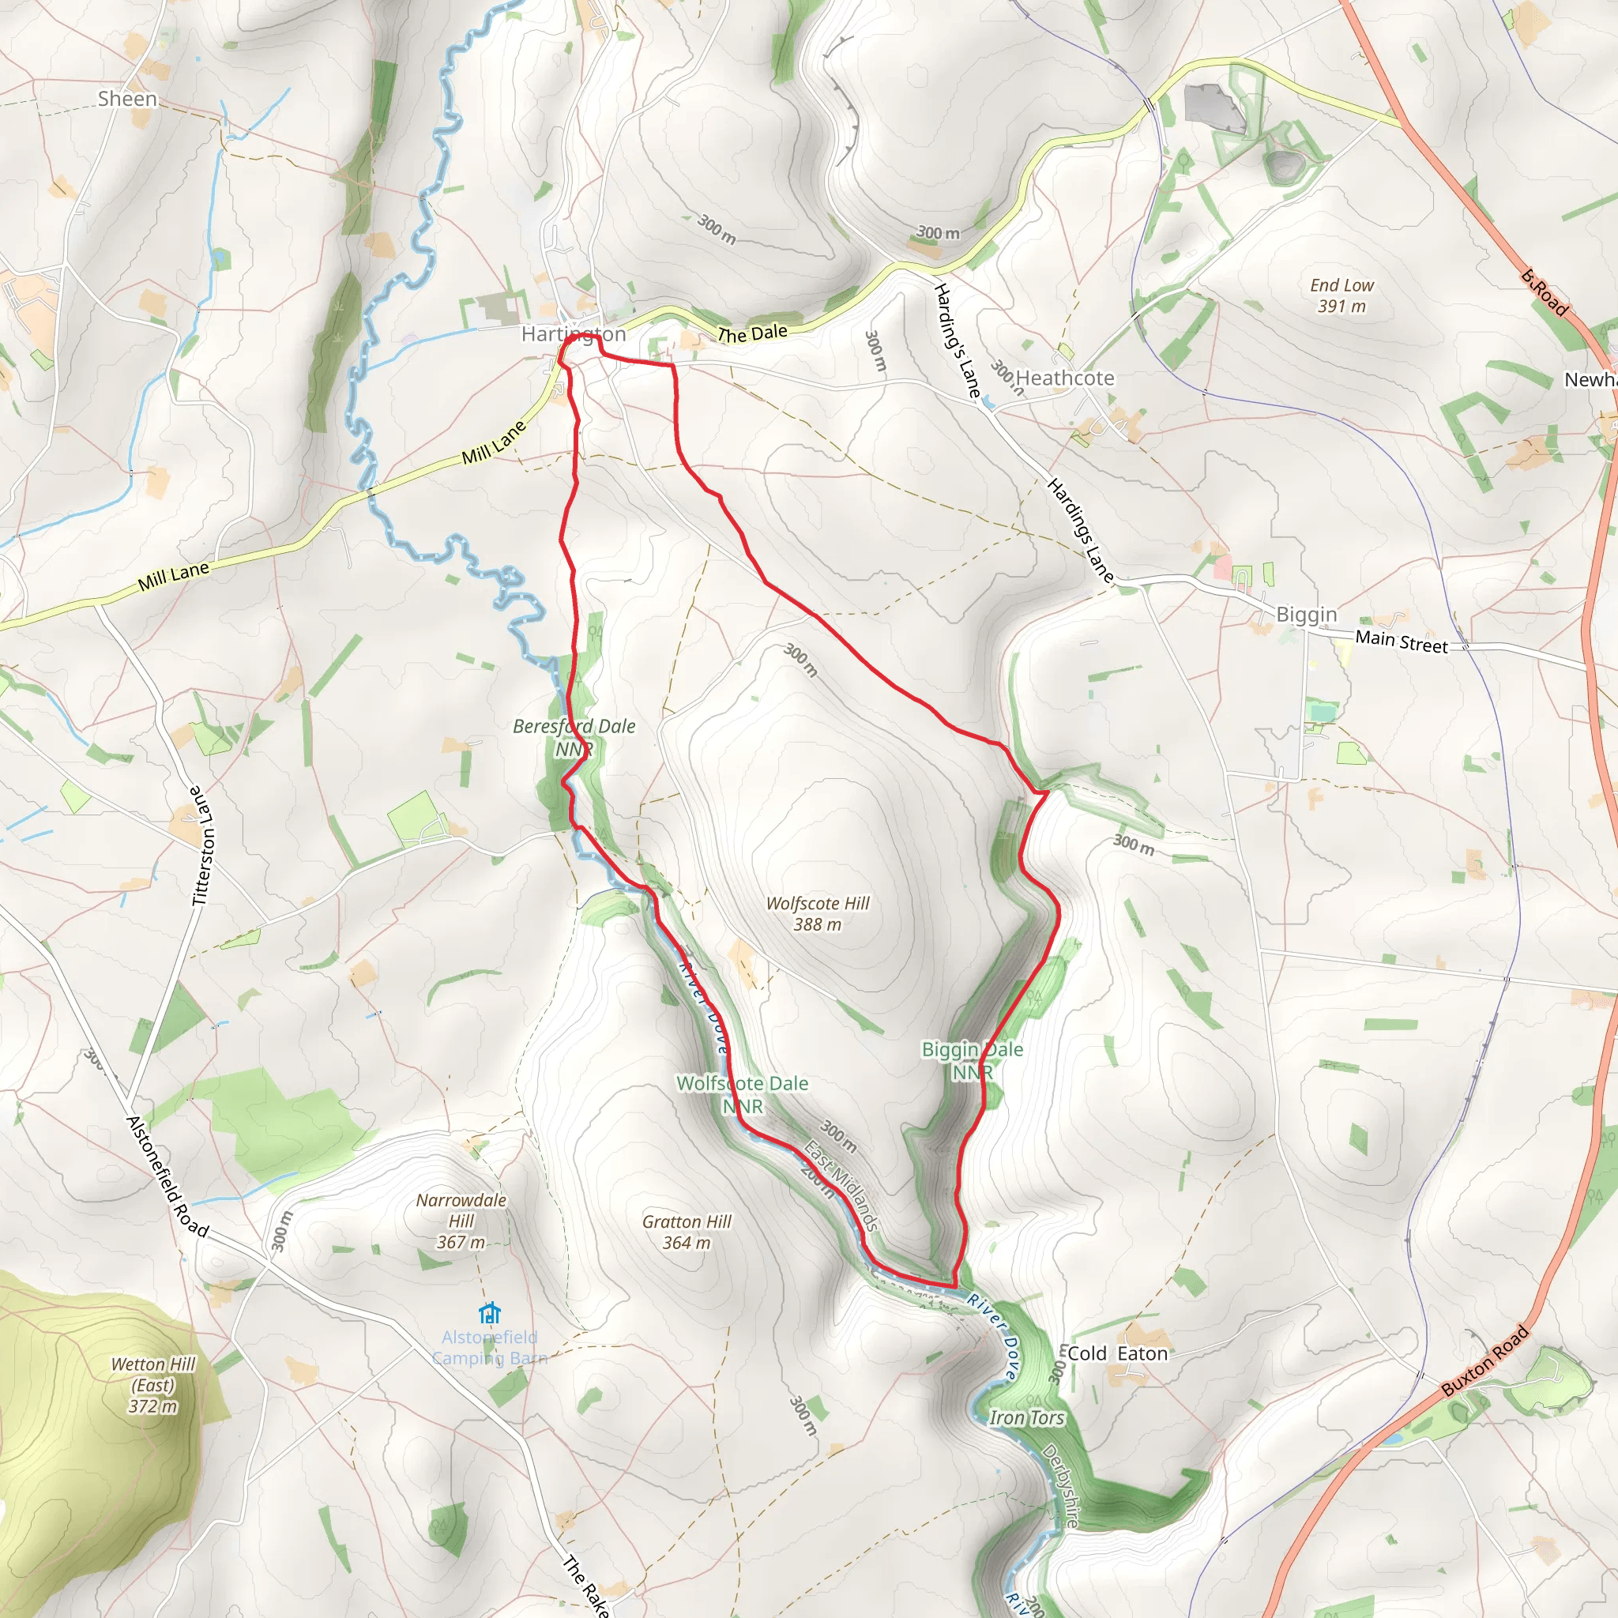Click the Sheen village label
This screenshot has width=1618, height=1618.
click(127, 99)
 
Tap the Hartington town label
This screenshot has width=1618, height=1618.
click(574, 334)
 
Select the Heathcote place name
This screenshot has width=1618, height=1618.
click(1064, 378)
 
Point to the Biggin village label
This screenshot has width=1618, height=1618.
click(1307, 615)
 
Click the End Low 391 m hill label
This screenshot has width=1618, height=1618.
click(1341, 295)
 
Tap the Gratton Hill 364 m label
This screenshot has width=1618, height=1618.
click(687, 1232)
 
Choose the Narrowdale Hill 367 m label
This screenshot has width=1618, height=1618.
click(461, 1221)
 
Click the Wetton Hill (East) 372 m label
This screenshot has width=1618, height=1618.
click(153, 1385)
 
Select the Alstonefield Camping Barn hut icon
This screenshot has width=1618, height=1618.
click(489, 1312)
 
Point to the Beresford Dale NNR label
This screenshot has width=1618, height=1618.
click(574, 737)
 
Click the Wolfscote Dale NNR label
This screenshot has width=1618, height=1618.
click(742, 1094)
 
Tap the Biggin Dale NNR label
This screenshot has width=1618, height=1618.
click(973, 1060)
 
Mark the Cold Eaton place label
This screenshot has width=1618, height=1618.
click(1117, 1353)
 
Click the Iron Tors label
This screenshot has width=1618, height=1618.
click(1027, 1418)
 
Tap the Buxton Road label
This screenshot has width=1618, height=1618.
click(1484, 1361)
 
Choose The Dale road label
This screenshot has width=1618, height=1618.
click(752, 333)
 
